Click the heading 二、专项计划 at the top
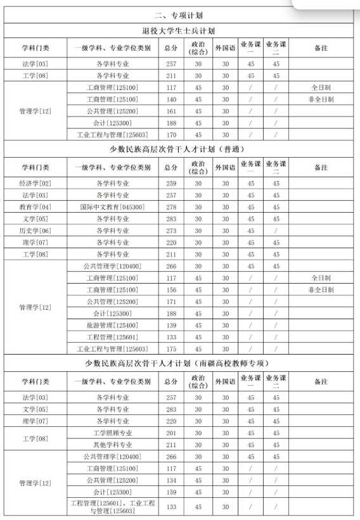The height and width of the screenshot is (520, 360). pyautogui.click(x=180, y=16)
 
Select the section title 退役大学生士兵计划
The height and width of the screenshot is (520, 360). pyautogui.click(x=180, y=30)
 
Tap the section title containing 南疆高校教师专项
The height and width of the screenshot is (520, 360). pyautogui.click(x=180, y=364)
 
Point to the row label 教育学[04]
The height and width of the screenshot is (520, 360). pyautogui.click(x=36, y=207)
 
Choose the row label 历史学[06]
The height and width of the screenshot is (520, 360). pyautogui.click(x=36, y=231)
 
